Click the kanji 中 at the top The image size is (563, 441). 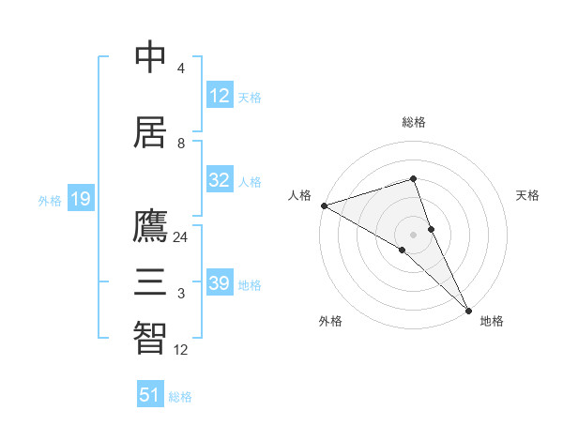click(x=150, y=57)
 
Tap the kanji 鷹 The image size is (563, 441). click(x=150, y=226)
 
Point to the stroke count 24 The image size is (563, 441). click(x=181, y=237)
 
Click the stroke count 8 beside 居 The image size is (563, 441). click(x=181, y=143)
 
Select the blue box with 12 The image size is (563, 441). click(x=220, y=95)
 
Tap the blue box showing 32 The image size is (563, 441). click(x=220, y=180)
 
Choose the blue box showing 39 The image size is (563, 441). click(x=220, y=283)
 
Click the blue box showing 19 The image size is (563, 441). click(x=81, y=198)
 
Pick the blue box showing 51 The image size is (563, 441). click(x=150, y=395)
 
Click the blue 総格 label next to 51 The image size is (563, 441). click(x=180, y=397)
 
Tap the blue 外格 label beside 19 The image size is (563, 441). click(x=50, y=200)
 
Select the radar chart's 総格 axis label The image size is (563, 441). click(x=414, y=122)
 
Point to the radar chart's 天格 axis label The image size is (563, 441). click(x=528, y=195)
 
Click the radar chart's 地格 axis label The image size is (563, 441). click(x=492, y=321)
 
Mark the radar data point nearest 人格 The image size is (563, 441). click(x=324, y=205)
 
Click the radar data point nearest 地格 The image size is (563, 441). click(x=468, y=310)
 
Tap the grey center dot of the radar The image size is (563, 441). click(x=414, y=234)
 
